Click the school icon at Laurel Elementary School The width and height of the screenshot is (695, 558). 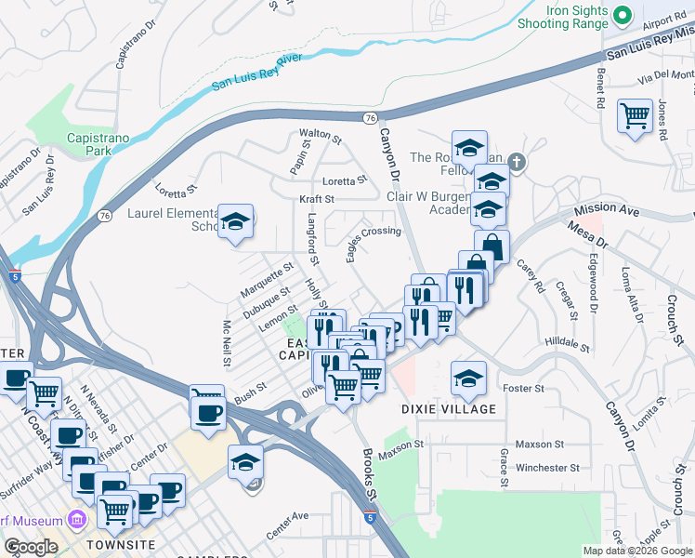[236, 221]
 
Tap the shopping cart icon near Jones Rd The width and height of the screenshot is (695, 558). [635, 116]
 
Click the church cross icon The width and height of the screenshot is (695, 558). [518, 164]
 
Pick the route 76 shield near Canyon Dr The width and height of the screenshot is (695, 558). [371, 118]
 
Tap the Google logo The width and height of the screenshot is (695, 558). [30, 547]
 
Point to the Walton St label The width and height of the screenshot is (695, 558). [321, 135]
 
